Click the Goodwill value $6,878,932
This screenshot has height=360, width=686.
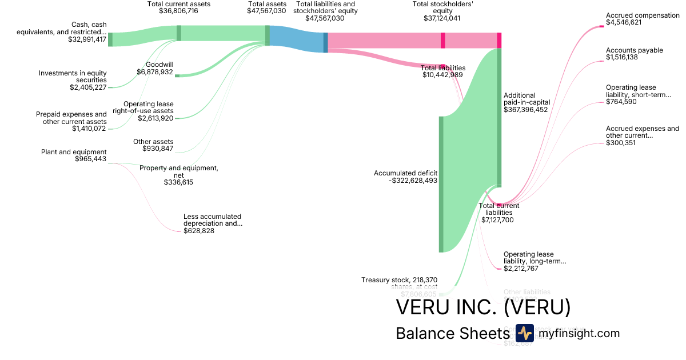point(155,72)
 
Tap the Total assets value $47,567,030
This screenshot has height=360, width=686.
point(266,11)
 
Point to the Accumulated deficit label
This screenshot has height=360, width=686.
point(405,173)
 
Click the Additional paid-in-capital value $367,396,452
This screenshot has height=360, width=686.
point(525,110)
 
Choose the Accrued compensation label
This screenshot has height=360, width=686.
point(643,15)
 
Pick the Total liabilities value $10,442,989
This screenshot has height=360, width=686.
point(442,75)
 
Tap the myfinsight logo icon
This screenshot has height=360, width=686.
point(524,333)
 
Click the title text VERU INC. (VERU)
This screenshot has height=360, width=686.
point(483,307)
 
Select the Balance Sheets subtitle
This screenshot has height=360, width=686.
point(452,334)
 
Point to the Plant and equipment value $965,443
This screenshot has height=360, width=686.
point(90,159)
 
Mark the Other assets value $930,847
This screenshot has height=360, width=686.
point(157,149)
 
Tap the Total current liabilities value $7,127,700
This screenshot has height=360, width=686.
point(497,219)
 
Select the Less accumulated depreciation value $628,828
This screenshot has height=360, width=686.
point(199,231)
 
